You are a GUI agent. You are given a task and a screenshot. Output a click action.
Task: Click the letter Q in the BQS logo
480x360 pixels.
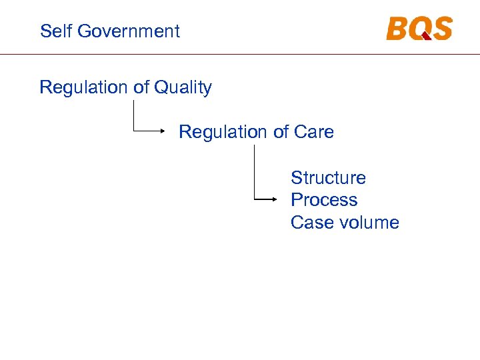[420, 29]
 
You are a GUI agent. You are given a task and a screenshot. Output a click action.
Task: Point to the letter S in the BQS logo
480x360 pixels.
[441, 29]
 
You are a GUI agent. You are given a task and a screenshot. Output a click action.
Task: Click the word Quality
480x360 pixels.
[183, 88]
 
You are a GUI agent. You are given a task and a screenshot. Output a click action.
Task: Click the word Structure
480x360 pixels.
[328, 178]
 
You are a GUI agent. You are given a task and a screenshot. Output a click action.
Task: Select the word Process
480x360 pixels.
[324, 200]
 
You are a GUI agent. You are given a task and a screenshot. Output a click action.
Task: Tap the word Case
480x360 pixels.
[311, 223]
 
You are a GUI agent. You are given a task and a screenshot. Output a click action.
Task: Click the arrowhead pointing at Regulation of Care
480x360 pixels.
[162, 131]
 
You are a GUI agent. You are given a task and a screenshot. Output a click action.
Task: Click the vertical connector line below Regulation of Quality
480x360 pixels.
[134, 115]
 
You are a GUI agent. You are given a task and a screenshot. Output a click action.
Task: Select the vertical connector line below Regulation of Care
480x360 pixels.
[254, 172]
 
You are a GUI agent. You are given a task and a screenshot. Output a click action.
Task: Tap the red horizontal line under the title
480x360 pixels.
[240, 53]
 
